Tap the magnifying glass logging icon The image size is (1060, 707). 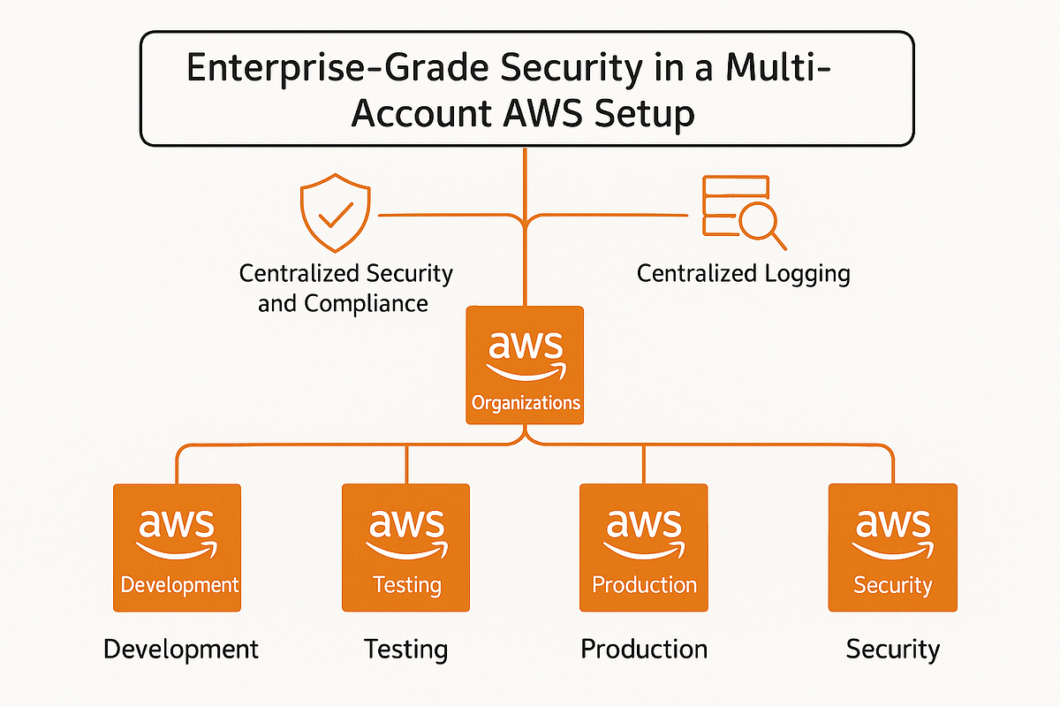[x=743, y=211]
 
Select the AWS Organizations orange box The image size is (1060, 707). [x=526, y=365]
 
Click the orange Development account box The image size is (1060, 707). [x=178, y=547]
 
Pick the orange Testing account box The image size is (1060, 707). [x=406, y=547]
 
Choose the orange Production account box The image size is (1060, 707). [x=643, y=547]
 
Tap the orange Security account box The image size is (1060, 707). [x=892, y=547]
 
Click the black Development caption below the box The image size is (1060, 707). [x=181, y=650]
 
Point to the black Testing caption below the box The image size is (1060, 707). [x=406, y=650]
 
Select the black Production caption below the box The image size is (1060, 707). [x=644, y=650]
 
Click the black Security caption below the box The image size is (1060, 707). [x=893, y=650]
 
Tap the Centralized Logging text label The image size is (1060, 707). [x=743, y=273]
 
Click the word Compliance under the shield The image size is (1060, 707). [x=366, y=303]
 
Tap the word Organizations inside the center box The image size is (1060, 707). [x=526, y=404]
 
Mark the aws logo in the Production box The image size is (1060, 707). [x=643, y=529]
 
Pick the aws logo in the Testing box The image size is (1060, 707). [x=406, y=529]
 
